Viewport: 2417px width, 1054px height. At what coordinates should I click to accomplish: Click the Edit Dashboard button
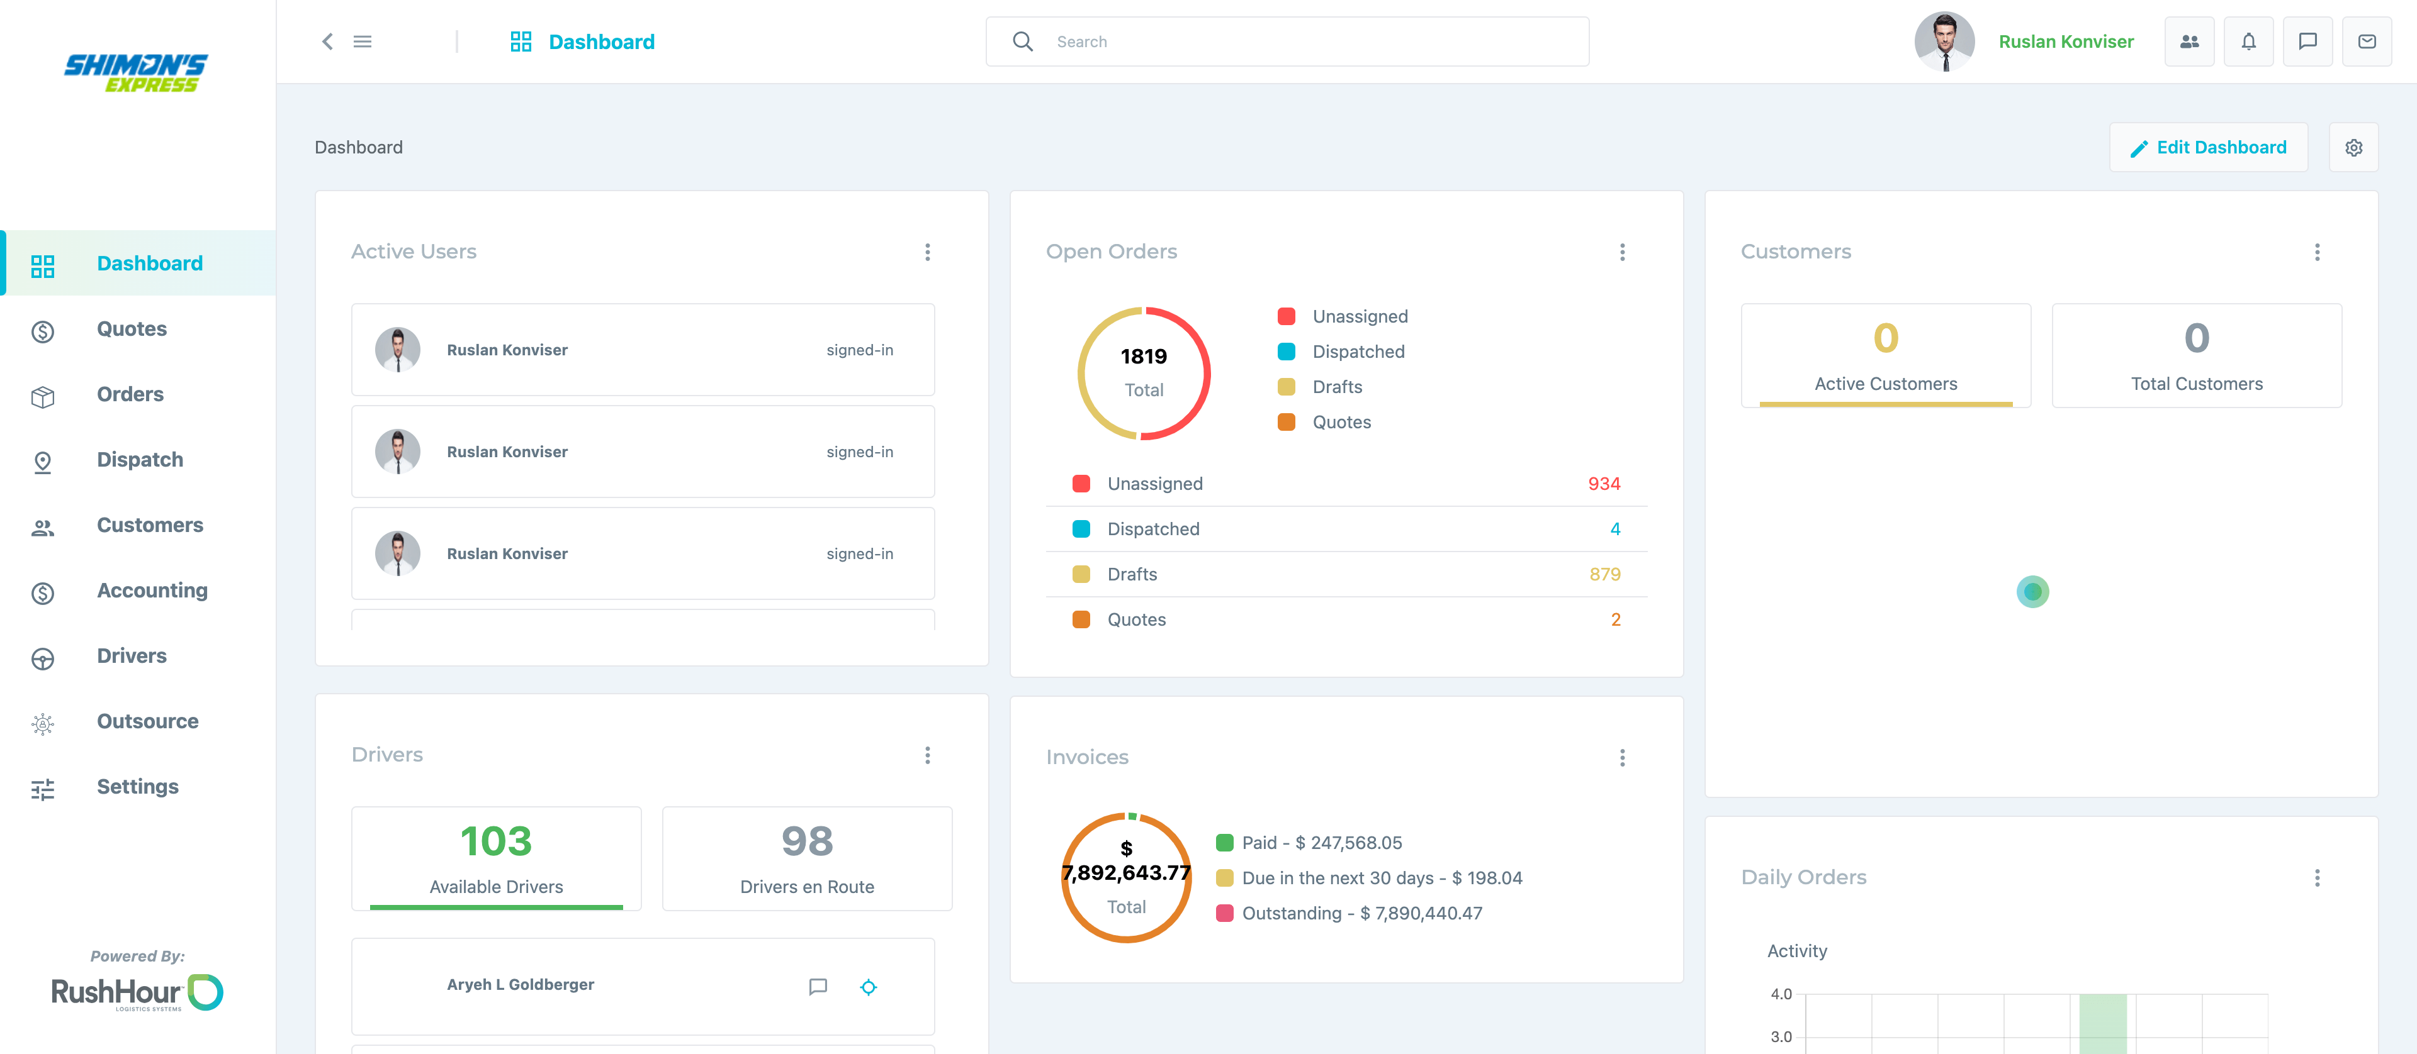(2208, 147)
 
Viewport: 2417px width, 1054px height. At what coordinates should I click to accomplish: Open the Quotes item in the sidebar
(132, 329)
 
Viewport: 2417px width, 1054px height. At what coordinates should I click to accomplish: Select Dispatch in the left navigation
(140, 460)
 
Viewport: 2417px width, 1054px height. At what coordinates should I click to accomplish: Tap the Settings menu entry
(137, 787)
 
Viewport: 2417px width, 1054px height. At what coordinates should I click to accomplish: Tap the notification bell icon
(2248, 42)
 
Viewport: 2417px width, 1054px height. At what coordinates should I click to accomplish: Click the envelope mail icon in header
(2367, 42)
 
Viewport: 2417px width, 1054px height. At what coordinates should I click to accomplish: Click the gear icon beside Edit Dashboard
(2353, 147)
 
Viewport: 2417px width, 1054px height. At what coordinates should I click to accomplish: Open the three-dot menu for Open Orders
(1621, 252)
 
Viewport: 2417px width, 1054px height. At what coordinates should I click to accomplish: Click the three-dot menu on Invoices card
(1621, 758)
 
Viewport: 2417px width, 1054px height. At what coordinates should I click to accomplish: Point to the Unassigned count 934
(1604, 484)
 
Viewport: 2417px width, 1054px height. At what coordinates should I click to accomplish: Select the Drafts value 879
(1604, 575)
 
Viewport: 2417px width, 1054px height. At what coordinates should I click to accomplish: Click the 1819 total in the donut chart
(1144, 357)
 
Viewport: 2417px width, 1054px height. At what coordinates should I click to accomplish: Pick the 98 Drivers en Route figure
(807, 841)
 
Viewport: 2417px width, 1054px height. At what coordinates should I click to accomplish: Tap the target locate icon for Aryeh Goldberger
(869, 987)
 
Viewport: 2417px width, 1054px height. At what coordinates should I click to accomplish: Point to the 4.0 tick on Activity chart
(1781, 994)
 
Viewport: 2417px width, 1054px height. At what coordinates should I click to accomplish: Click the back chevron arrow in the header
(327, 42)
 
